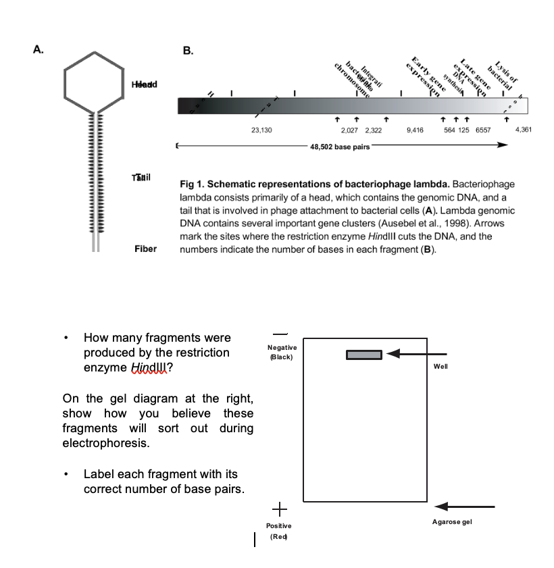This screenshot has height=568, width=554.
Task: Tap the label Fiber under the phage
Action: [x=145, y=249]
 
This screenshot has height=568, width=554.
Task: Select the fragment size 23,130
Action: [x=261, y=129]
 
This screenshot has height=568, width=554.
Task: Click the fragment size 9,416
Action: [x=415, y=129]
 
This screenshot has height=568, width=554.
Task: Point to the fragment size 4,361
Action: [x=524, y=129]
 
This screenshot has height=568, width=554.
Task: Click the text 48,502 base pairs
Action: [x=340, y=147]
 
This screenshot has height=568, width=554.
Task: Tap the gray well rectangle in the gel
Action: [x=365, y=355]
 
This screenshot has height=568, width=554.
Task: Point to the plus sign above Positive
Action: [x=279, y=508]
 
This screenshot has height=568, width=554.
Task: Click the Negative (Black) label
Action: [x=282, y=352]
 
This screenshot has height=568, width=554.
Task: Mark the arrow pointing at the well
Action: [x=418, y=354]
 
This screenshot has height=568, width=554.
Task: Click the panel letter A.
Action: [x=39, y=49]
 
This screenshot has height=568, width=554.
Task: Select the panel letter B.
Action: [x=188, y=49]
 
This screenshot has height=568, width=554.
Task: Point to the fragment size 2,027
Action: [x=349, y=129]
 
